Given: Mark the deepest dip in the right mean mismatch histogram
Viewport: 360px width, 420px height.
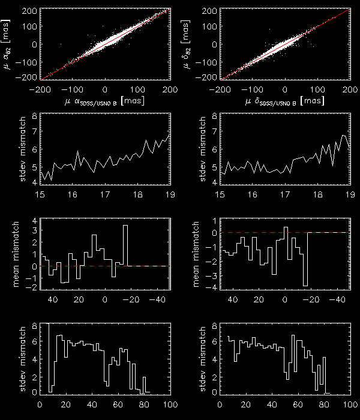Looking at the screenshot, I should point(305,284).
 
